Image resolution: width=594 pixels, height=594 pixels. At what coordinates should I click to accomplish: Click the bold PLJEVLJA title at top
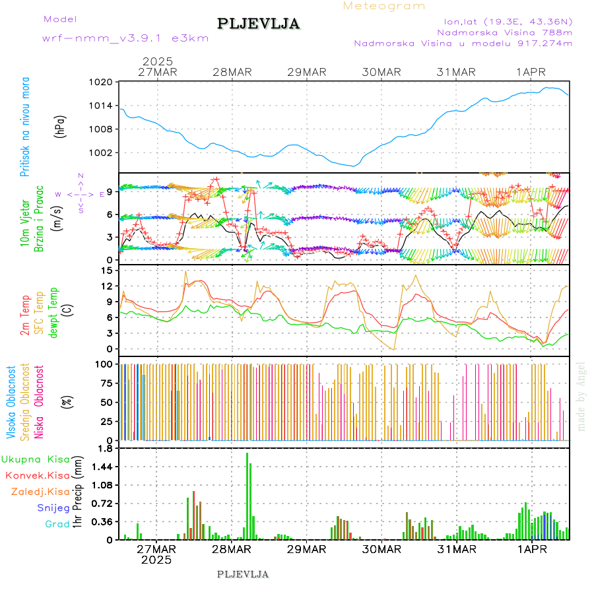pyautogui.click(x=259, y=24)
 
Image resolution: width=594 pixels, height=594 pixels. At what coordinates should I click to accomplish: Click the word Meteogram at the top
pyautogui.click(x=385, y=6)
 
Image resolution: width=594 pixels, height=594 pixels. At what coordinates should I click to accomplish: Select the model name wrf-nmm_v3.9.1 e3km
pyautogui.click(x=125, y=38)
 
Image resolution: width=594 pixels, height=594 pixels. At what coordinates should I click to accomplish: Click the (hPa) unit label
pyautogui.click(x=60, y=126)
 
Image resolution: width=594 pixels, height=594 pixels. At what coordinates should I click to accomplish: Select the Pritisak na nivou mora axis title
pyautogui.click(x=25, y=126)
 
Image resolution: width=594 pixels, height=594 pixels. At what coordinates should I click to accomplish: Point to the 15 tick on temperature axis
pyautogui.click(x=106, y=270)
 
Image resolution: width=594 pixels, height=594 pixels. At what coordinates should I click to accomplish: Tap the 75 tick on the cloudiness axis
pyautogui.click(x=104, y=383)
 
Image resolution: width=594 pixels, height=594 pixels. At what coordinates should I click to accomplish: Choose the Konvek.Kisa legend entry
pyautogui.click(x=37, y=475)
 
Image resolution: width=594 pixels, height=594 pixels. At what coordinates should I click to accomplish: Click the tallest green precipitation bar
pyautogui.click(x=247, y=495)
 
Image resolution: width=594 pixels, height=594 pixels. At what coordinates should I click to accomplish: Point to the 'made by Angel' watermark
pyautogui.click(x=581, y=396)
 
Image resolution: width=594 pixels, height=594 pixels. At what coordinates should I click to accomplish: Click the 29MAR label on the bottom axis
pyautogui.click(x=306, y=549)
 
